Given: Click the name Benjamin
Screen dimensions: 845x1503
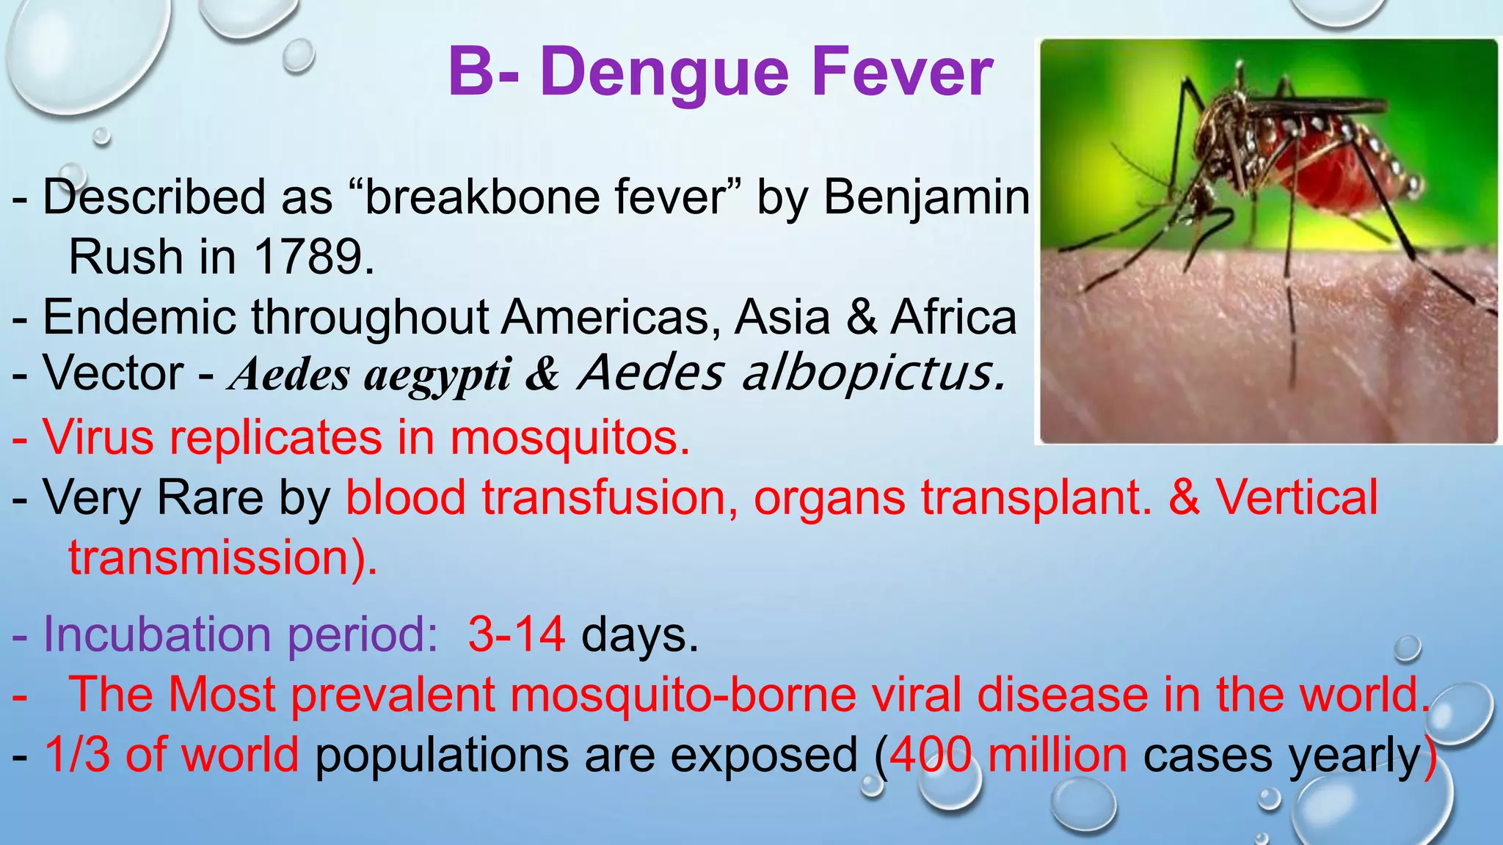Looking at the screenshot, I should point(927,198).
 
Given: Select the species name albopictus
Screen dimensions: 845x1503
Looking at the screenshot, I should point(873,374).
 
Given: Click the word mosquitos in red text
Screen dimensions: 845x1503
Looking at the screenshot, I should point(569,438).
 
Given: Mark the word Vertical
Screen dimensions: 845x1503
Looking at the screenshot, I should point(1297,497).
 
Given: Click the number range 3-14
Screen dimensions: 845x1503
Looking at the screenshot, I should point(517,633).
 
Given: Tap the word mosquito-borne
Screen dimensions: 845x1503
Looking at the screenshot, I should point(683,694).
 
